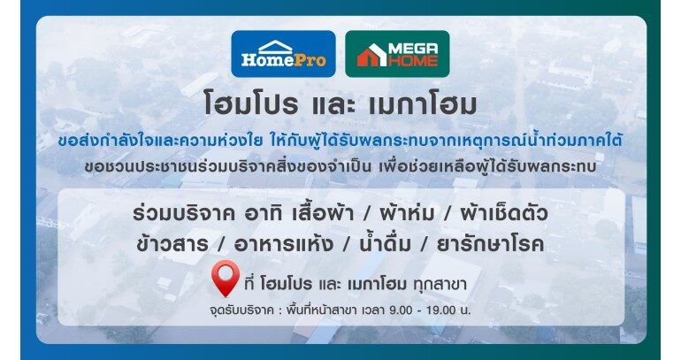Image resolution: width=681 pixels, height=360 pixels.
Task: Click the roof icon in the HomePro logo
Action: click(275, 46)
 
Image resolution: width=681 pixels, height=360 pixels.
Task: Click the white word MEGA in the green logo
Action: click(414, 49)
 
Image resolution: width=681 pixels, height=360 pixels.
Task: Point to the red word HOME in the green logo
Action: click(413, 61)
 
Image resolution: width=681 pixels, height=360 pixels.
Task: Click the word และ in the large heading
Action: click(333, 104)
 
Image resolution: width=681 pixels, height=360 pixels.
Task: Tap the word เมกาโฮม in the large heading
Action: click(422, 104)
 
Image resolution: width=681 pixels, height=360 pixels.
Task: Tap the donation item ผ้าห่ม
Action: click(407, 212)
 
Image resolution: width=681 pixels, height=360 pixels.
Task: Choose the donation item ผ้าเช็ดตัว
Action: click(504, 212)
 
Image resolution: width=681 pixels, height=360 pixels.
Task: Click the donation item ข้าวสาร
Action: click(172, 244)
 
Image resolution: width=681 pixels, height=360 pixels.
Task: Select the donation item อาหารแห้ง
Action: click(284, 243)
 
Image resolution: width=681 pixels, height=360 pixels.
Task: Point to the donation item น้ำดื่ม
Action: click(386, 243)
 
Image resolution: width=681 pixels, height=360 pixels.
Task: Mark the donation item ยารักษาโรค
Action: click(490, 244)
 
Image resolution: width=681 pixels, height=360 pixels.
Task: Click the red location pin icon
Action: click(226, 279)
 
